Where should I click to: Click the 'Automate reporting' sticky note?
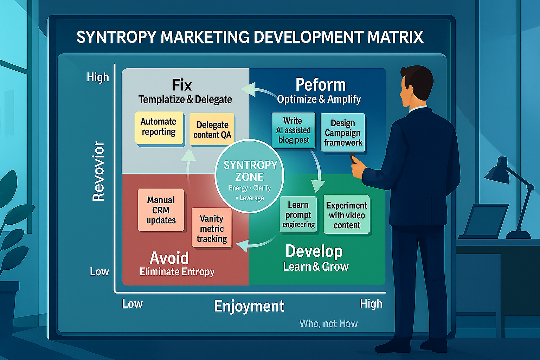click(x=159, y=127)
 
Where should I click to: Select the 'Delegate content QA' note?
click(x=212, y=130)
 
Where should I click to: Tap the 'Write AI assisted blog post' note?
click(x=293, y=130)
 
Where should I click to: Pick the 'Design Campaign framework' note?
click(x=343, y=133)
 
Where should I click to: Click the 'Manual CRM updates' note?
click(x=161, y=210)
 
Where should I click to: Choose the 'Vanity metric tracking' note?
click(x=212, y=229)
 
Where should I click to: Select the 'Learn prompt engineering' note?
click(x=298, y=215)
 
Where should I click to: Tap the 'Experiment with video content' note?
click(x=347, y=215)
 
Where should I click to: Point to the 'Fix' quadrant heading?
click(x=182, y=85)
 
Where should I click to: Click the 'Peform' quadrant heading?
click(x=320, y=85)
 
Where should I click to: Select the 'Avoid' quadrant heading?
click(x=169, y=258)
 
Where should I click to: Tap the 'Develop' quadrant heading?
click(x=314, y=251)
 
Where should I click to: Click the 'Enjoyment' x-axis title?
click(x=249, y=306)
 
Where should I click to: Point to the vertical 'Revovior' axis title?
click(x=98, y=171)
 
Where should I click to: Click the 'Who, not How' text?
click(x=328, y=323)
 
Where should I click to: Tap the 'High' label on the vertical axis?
click(x=98, y=77)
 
